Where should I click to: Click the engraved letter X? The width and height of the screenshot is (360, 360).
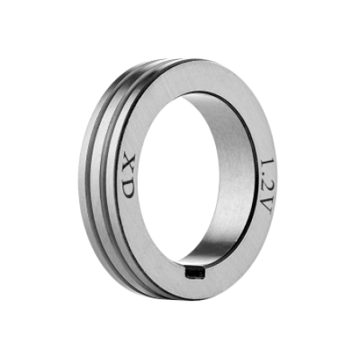129,163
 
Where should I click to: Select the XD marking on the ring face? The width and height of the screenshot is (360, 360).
128,176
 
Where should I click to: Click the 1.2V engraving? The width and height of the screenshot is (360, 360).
266,186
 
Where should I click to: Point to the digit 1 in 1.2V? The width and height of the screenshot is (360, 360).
267,164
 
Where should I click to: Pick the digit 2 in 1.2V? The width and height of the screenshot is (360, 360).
266,188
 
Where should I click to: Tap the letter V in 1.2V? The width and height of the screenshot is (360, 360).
266,206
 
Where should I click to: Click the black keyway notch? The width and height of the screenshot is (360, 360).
195,273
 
